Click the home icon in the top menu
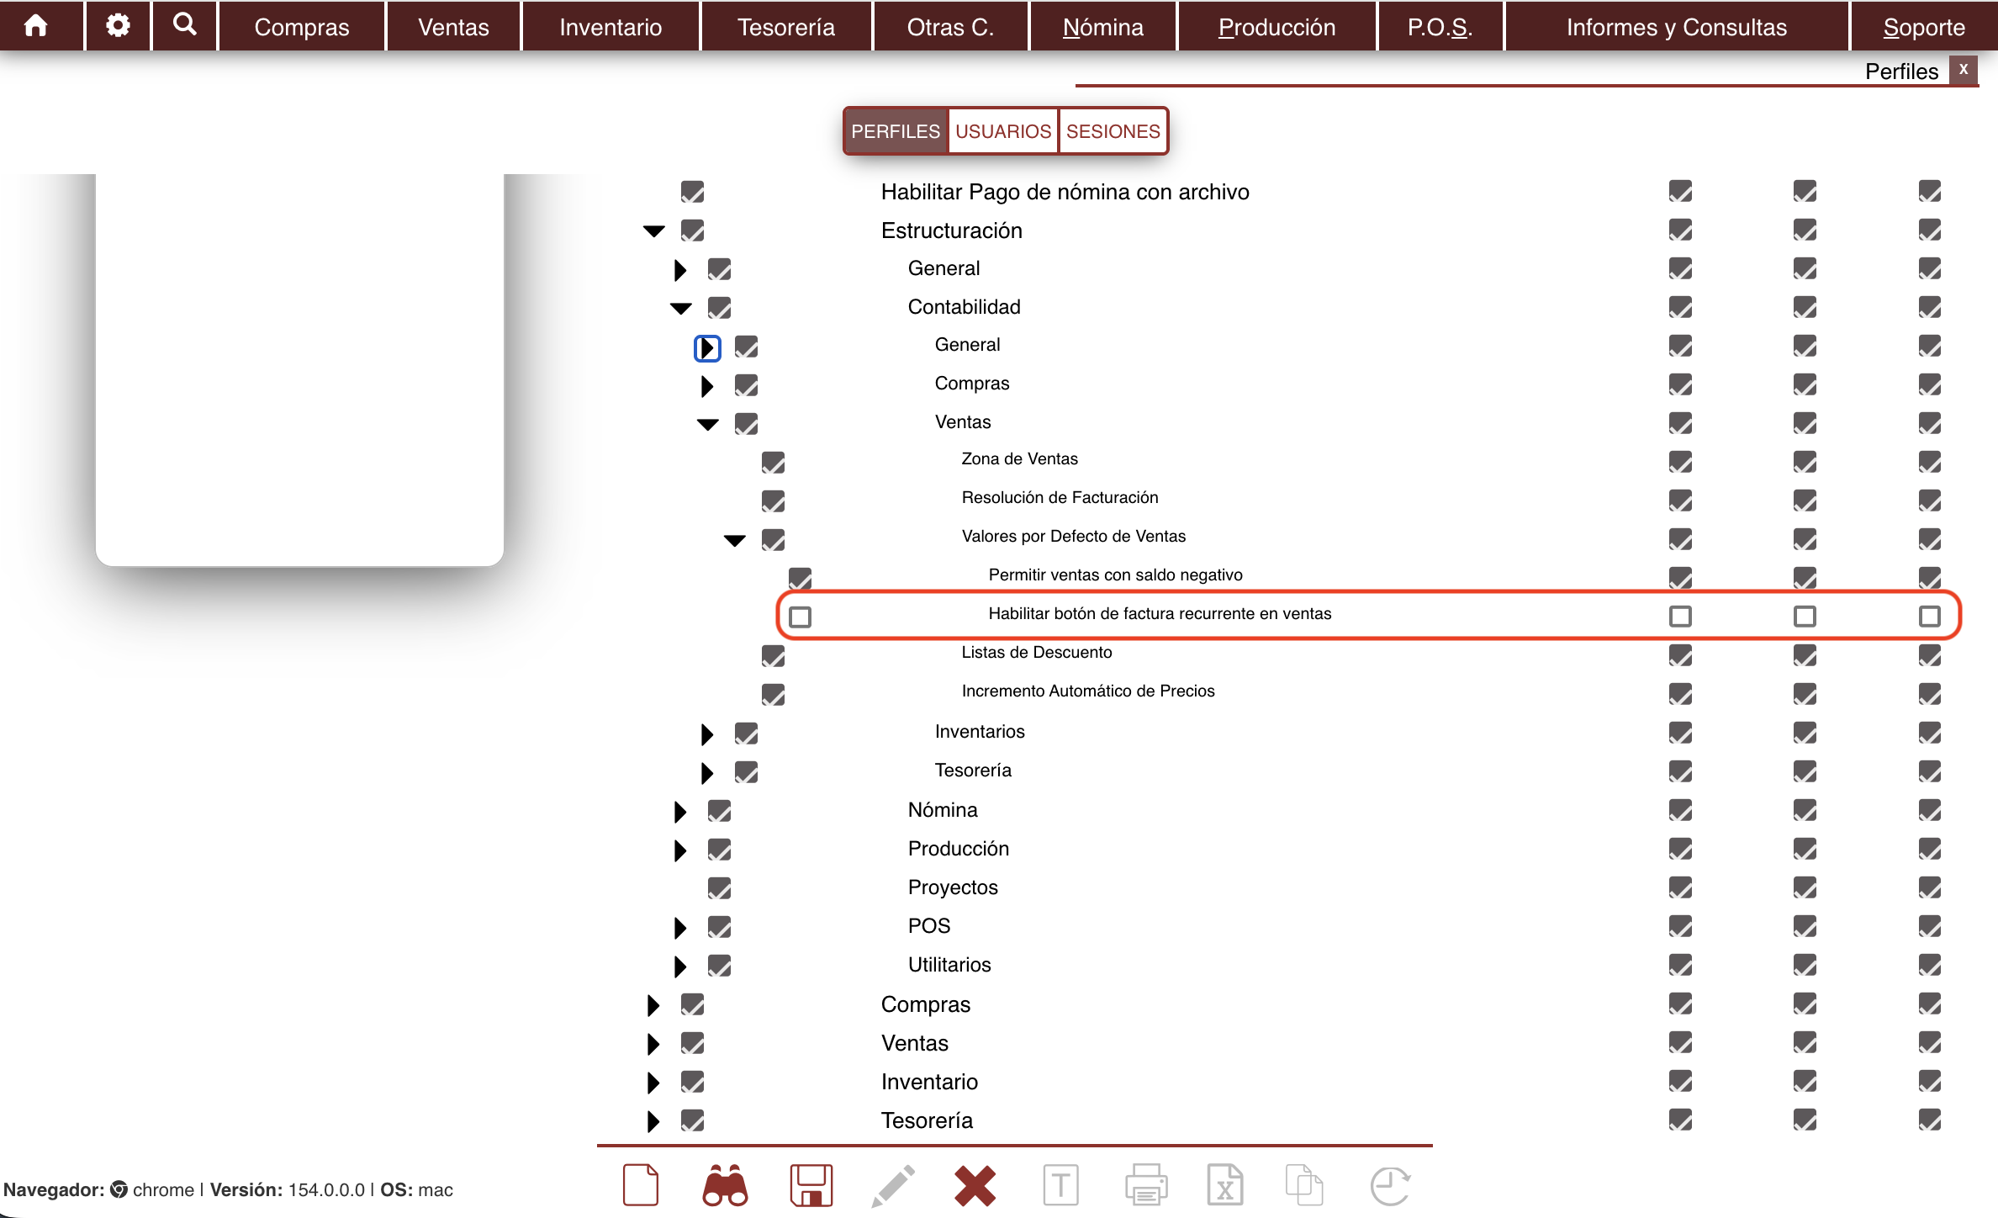pos(36,26)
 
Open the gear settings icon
pos(118,25)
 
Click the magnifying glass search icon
pos(185,24)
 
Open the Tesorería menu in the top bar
pos(786,27)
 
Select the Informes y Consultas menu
pos(1676,27)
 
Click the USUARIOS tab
pos(1003,131)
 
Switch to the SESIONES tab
pos(1113,131)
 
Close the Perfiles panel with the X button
pos(1964,70)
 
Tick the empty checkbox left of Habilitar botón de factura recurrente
pos(800,617)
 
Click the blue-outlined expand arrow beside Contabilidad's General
pos(707,347)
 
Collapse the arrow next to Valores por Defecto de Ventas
pos(735,540)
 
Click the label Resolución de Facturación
pos(1060,497)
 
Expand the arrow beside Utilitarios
pos(680,966)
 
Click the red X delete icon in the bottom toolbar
pos(975,1185)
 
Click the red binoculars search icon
pos(725,1185)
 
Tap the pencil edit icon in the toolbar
pos(893,1185)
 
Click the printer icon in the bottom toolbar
pos(1146,1185)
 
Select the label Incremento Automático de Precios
pos(1088,691)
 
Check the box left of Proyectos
pos(719,887)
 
